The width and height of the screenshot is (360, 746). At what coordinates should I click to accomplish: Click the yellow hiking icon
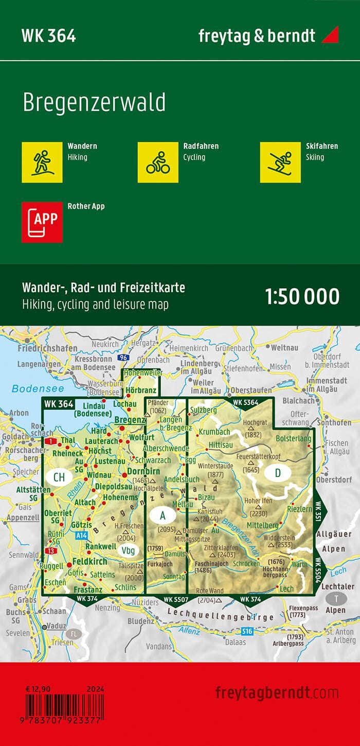point(42,162)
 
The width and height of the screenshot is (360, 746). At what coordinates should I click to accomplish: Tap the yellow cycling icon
point(158,162)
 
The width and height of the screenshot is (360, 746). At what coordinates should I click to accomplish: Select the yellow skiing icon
point(280,162)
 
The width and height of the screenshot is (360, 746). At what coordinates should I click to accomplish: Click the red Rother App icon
point(42,222)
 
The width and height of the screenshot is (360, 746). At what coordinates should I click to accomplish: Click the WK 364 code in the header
point(48,36)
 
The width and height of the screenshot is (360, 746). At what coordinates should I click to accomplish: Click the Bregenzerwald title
point(94,103)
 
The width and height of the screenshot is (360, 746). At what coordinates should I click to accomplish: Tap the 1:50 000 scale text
point(302,297)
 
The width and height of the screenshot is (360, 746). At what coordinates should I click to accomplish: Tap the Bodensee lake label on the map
point(31,389)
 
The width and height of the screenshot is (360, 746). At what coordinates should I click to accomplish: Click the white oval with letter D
point(278,473)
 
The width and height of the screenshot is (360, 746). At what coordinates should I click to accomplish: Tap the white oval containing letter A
point(163,514)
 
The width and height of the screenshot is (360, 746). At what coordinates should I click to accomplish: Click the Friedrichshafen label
point(43,348)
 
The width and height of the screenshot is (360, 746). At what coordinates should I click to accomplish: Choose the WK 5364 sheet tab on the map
point(245,402)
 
